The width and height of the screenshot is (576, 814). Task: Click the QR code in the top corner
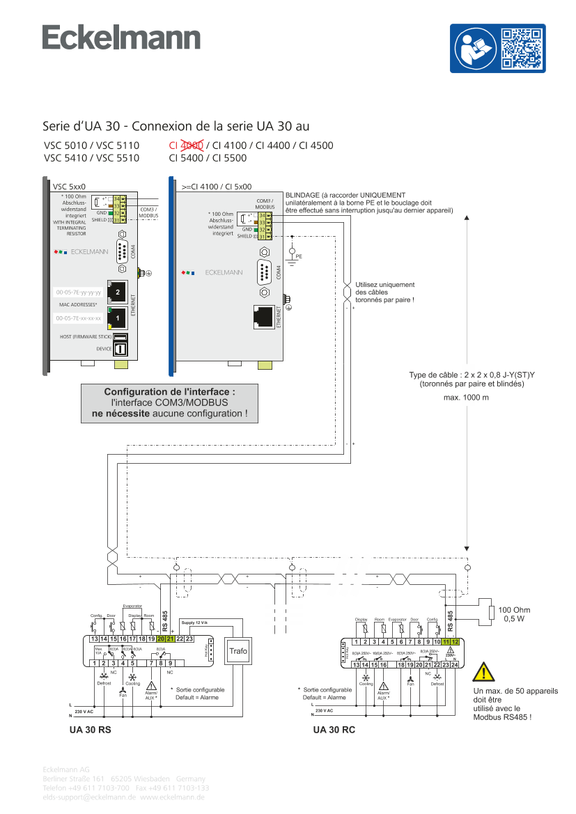coord(522,48)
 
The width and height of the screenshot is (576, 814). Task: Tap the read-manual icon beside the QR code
coord(474,48)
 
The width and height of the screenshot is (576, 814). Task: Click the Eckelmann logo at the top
coord(122,38)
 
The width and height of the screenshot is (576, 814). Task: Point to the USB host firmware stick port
coord(120,336)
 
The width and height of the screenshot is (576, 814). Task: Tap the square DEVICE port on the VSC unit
coord(120,348)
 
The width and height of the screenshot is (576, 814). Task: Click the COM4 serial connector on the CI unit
coord(265,271)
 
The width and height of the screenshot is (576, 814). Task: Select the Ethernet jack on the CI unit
coord(264,317)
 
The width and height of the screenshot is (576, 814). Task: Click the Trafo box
coord(238,651)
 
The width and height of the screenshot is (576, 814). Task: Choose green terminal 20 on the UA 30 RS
coord(161,639)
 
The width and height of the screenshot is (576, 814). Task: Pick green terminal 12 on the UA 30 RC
coord(455,641)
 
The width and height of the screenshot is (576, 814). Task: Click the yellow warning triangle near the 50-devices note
coord(483,672)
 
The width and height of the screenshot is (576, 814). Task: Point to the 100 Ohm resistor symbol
coord(492,613)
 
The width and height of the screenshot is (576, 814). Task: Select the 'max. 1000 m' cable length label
coord(466,398)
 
